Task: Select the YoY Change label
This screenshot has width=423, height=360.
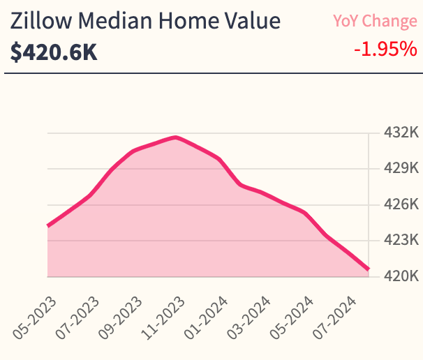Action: tap(375, 21)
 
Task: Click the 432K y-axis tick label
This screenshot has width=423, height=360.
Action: tap(401, 133)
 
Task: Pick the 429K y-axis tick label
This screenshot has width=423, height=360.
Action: tap(401, 168)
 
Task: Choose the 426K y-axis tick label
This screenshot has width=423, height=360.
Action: tap(401, 204)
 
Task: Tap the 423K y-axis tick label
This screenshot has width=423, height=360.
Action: tap(401, 240)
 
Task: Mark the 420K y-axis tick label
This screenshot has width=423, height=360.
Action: tap(401, 276)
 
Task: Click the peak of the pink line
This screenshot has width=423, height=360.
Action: tap(176, 137)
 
